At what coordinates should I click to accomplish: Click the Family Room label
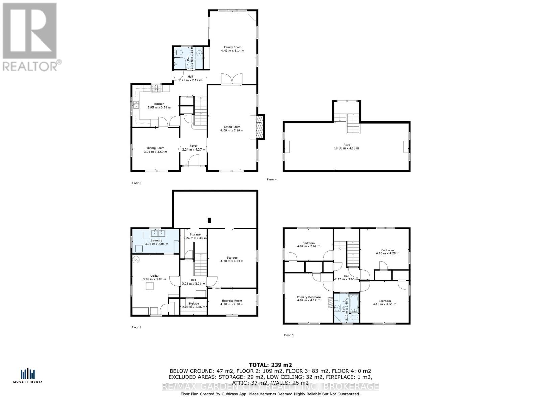point(233,47)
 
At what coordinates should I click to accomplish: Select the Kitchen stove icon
point(157,89)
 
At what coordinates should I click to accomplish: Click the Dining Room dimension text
point(156,152)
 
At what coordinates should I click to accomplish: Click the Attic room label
point(347,145)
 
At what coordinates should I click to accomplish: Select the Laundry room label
point(156,240)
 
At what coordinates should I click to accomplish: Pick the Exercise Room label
point(232,301)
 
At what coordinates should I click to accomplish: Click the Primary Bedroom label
point(308,297)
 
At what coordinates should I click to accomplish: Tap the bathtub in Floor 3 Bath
point(355,303)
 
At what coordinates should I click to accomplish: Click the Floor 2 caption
point(136,183)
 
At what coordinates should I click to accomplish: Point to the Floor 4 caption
point(272,179)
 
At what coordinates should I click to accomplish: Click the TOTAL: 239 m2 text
point(270,364)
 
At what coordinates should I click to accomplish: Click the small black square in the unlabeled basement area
point(209,220)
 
